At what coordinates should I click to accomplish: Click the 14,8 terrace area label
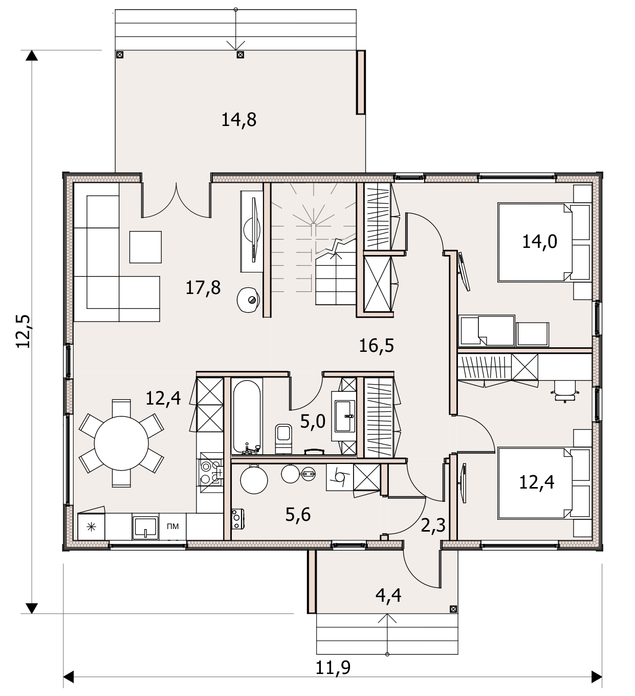point(238,120)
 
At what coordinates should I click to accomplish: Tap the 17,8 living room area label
point(203,288)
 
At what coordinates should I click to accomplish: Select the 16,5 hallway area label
point(376,346)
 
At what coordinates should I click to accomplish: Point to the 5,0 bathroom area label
point(313,422)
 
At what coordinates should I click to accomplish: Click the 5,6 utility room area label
point(298,514)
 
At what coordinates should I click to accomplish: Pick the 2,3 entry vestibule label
point(433,525)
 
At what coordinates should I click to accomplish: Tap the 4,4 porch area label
point(388,596)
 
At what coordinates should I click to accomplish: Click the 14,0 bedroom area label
point(540,242)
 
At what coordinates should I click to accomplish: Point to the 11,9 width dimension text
point(333,667)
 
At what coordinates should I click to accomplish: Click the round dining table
point(121,443)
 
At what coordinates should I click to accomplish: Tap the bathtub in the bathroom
point(247,416)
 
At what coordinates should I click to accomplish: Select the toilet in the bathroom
point(283,438)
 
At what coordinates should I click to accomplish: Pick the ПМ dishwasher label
point(173,526)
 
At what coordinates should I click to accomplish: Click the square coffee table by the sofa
point(145,247)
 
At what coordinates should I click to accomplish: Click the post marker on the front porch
point(453,609)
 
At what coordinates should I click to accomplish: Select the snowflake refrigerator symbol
point(91,528)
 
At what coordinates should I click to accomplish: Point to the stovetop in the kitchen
point(210,472)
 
